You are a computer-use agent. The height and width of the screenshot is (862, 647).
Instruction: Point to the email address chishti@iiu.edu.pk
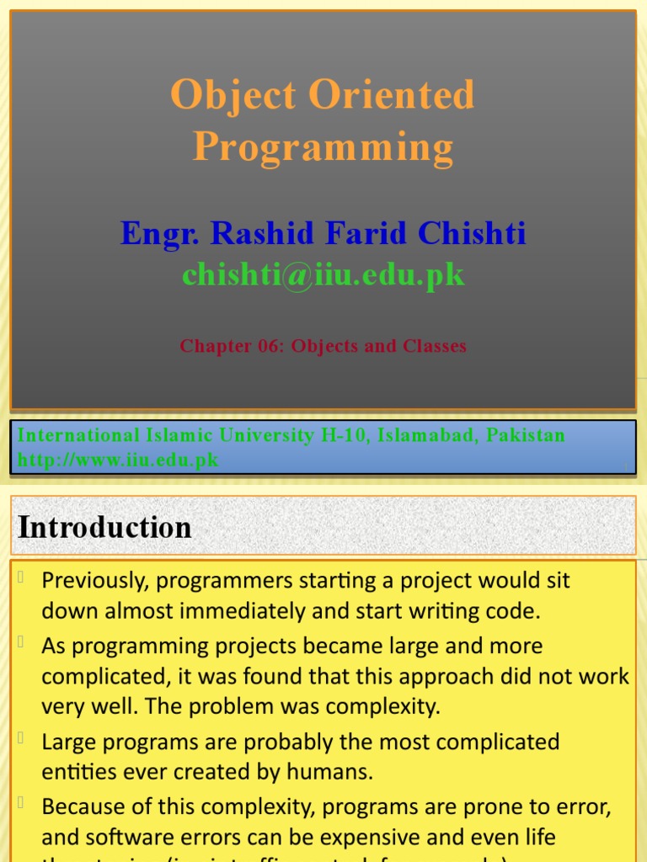(323, 274)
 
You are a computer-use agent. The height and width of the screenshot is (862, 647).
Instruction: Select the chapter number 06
(268, 346)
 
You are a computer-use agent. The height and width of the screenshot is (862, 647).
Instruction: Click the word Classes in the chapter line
(431, 346)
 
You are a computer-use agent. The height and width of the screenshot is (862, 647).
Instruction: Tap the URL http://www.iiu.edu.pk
(118, 460)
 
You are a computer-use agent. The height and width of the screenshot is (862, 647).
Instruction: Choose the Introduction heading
(105, 528)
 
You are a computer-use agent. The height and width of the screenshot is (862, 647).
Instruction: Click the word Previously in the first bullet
(94, 581)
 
